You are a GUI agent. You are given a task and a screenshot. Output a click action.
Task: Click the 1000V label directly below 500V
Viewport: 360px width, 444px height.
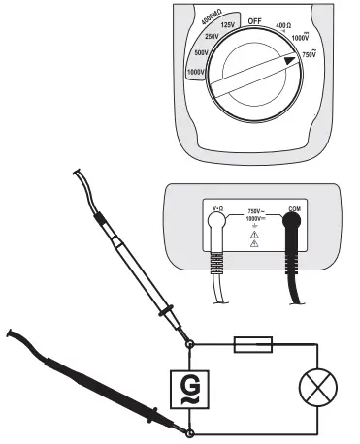coord(173,74)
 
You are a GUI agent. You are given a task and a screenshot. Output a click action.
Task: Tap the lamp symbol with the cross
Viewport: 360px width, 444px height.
coord(318,392)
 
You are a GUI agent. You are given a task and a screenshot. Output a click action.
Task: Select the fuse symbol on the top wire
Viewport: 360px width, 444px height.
coord(261,341)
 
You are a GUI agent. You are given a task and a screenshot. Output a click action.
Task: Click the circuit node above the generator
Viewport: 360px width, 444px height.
coord(190,342)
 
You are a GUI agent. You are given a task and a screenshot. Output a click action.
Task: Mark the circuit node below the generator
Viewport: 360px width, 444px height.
coord(190,432)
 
